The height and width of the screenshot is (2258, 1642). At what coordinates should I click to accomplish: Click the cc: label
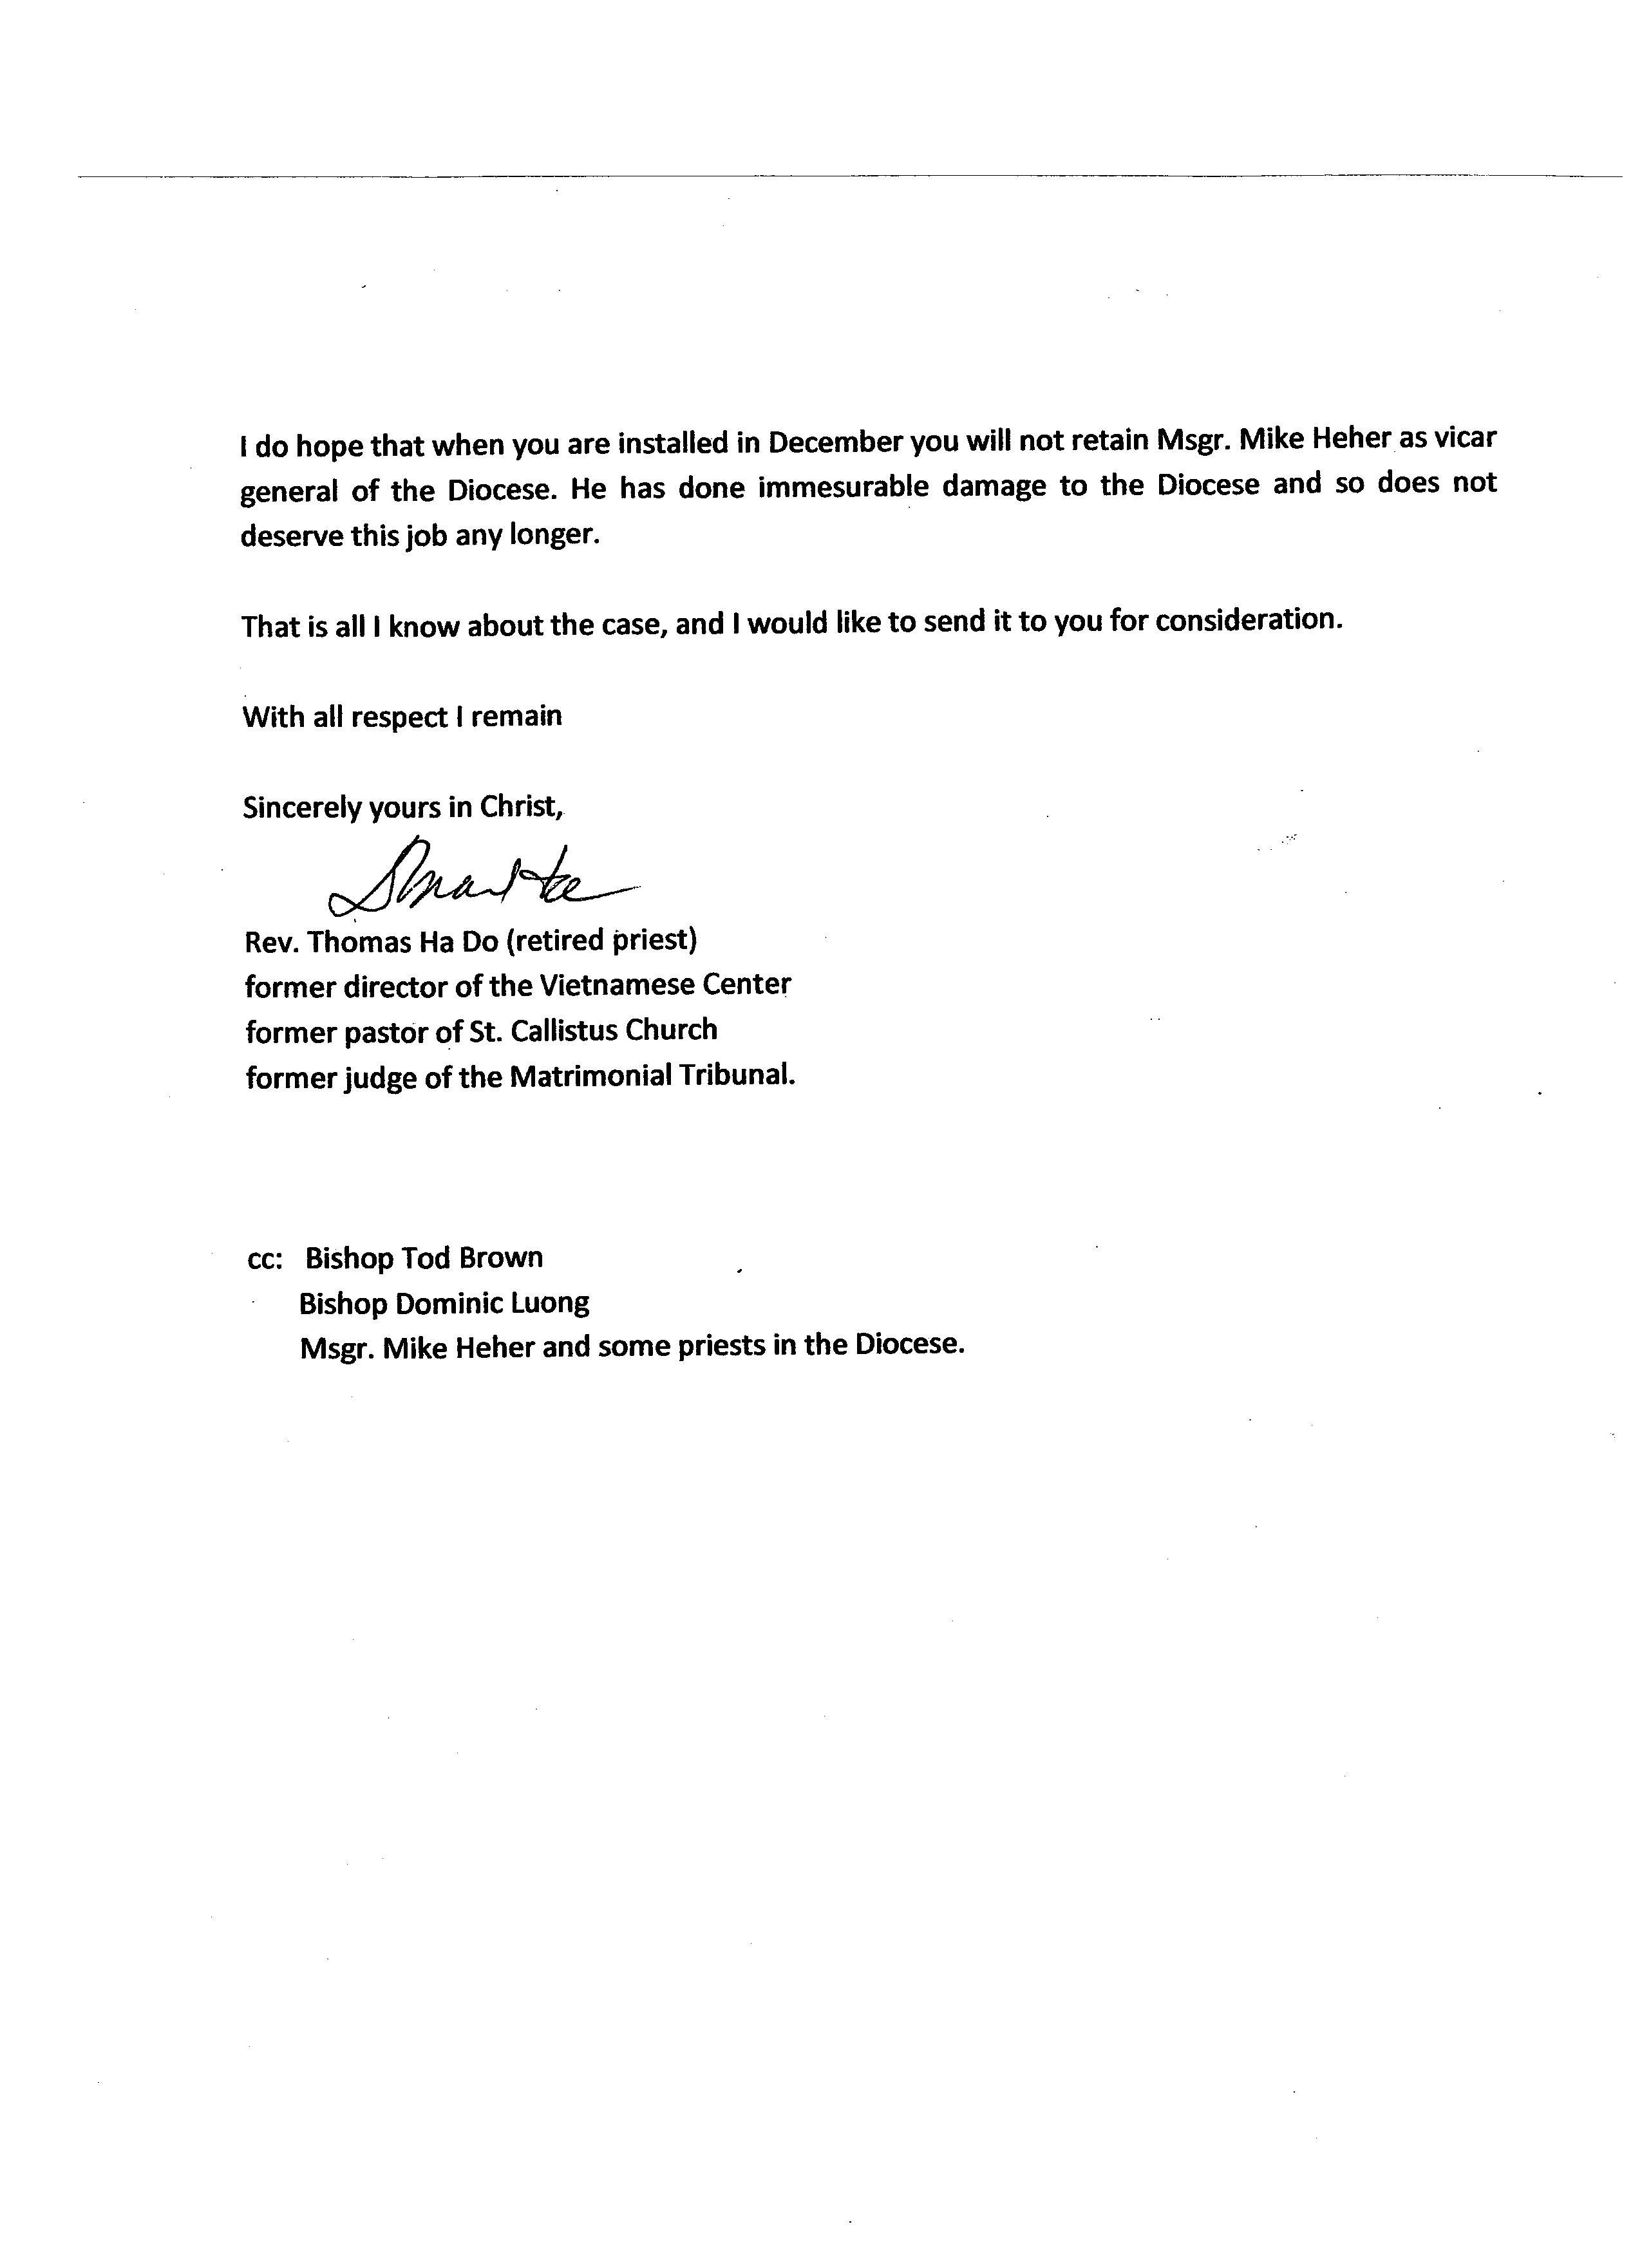265,1259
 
